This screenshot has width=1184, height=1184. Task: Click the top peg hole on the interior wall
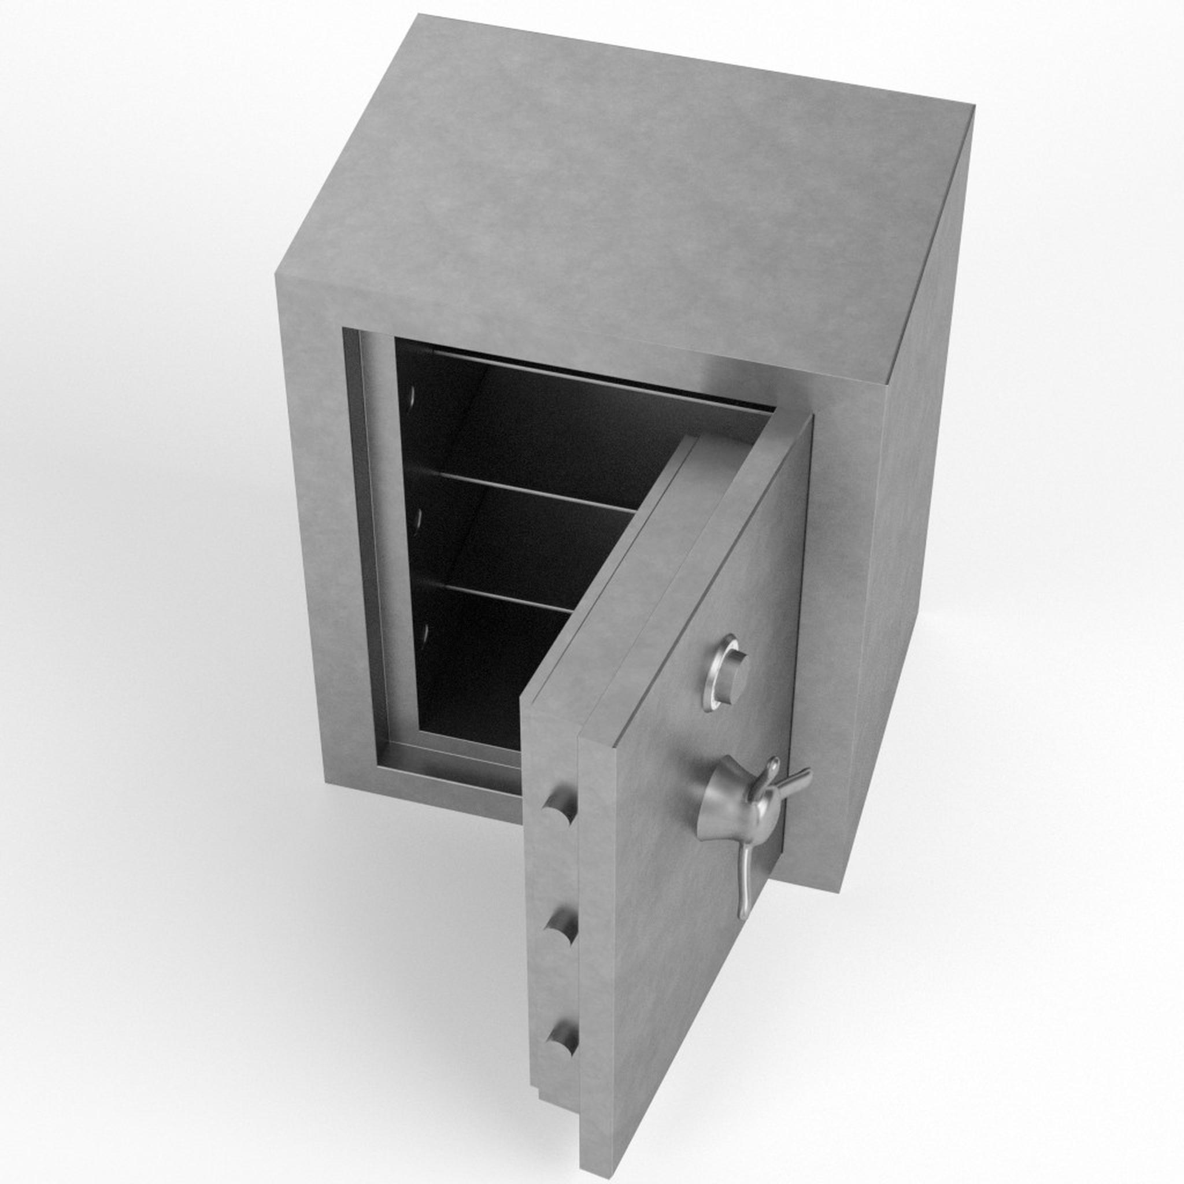(x=412, y=399)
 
